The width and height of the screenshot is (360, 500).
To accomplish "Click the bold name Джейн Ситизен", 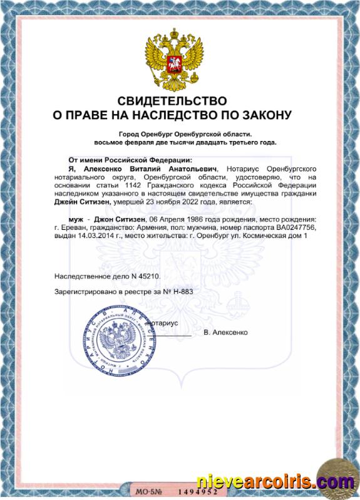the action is point(82,202).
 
